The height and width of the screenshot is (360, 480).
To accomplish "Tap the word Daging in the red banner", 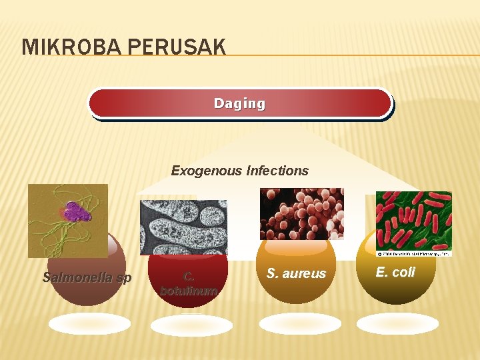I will (x=239, y=103).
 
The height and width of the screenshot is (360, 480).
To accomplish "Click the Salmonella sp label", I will (x=87, y=277).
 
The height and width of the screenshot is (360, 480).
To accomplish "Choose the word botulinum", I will (x=189, y=291).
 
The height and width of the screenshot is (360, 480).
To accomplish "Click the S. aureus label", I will (x=296, y=273).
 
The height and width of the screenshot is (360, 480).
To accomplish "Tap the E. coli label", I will (x=395, y=272).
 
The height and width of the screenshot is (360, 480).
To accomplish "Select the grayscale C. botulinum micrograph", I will (x=183, y=227).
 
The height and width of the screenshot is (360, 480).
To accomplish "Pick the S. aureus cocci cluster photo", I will (x=301, y=213).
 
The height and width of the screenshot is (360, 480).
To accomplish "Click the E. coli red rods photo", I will (x=413, y=221).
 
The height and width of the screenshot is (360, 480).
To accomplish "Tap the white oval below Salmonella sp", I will (x=89, y=324).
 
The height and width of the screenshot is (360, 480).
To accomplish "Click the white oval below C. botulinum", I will (x=191, y=325).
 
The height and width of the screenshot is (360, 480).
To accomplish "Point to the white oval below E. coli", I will (x=397, y=323).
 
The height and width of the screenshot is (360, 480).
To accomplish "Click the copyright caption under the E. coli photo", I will (x=413, y=253).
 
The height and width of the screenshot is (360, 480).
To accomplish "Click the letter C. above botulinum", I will (x=189, y=276).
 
